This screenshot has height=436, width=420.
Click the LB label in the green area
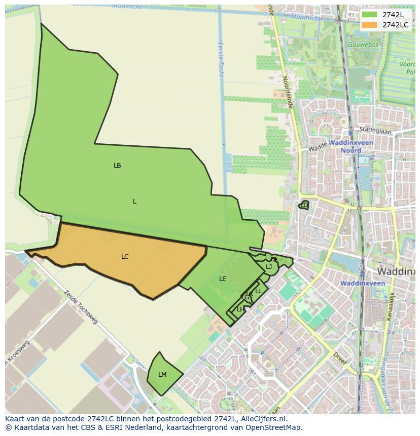[117, 166]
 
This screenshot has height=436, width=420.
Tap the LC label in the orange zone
[125, 257]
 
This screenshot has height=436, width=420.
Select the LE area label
[223, 279]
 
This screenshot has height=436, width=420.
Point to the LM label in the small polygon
[162, 375]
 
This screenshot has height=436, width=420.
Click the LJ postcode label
[269, 267]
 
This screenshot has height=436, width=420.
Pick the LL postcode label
[258, 291]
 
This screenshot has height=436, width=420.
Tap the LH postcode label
[240, 309]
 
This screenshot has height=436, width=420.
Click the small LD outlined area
[304, 205]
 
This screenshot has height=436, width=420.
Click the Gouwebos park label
[363, 45]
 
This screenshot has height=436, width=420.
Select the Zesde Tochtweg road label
[81, 307]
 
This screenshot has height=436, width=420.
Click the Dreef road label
[340, 359]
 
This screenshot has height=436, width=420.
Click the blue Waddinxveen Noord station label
[351, 146]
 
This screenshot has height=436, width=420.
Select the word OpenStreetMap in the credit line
[275, 427]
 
